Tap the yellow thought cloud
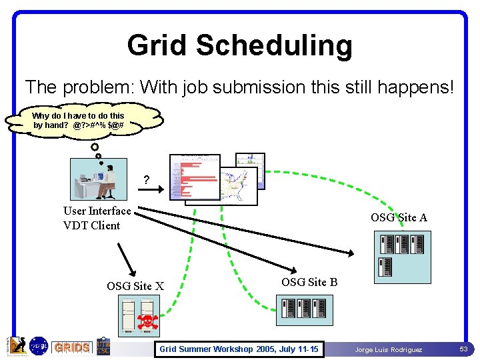click(85, 120)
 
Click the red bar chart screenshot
click(195, 177)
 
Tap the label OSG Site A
click(399, 217)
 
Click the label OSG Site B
click(309, 282)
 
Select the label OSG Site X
click(135, 287)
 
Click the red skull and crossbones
click(147, 322)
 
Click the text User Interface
click(97, 211)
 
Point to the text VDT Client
click(92, 225)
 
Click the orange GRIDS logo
click(72, 347)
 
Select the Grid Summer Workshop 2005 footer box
click(238, 349)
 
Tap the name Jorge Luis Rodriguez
click(388, 349)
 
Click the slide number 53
click(463, 349)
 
